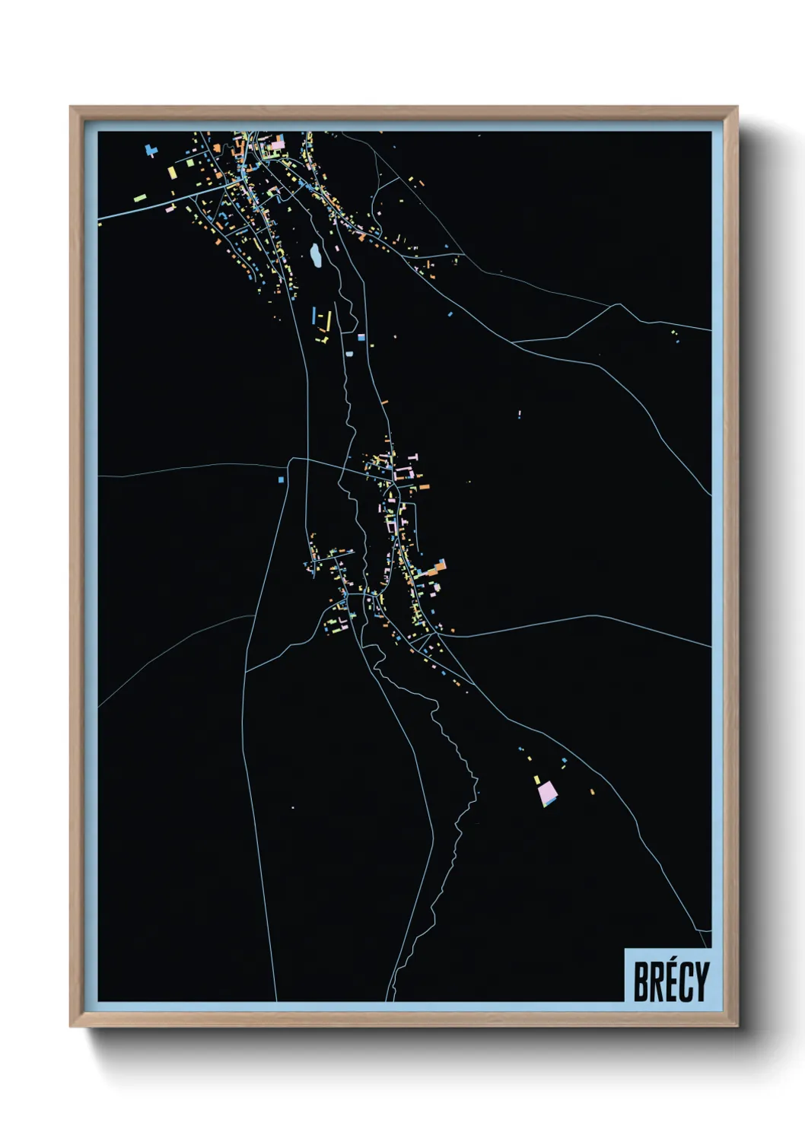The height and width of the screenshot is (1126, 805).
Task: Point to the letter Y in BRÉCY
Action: [701, 981]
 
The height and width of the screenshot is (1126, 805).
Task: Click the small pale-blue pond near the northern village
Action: [314, 256]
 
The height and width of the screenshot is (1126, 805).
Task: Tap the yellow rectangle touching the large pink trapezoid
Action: [537, 780]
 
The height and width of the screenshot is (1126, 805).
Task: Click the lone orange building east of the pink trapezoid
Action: [592, 792]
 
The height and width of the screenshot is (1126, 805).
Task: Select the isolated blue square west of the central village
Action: [281, 479]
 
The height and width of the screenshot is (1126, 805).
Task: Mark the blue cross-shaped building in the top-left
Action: [150, 151]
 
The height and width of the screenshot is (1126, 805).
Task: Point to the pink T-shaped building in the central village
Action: [415, 456]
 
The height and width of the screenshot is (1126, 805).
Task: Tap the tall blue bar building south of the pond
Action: [313, 315]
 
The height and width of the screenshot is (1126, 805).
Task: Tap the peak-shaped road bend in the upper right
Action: [613, 306]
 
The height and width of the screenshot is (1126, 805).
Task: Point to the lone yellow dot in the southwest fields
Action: [293, 807]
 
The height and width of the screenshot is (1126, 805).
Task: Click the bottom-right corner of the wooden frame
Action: [737, 1025]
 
